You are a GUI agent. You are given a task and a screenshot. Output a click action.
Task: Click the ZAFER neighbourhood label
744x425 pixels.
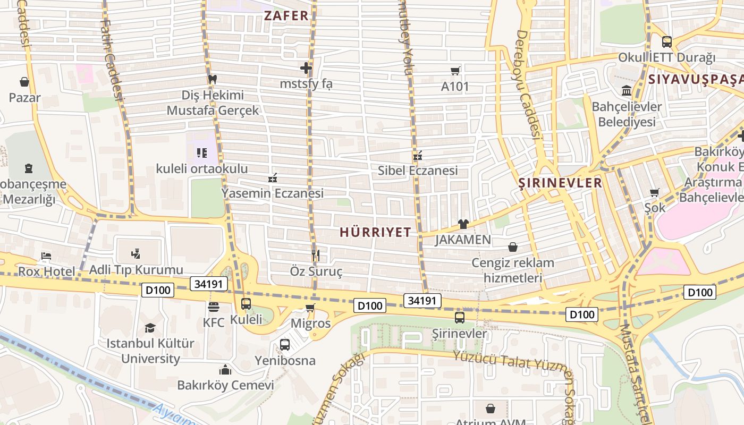pos(286,15)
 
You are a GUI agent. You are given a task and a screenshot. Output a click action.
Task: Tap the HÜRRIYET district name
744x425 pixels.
pos(375,232)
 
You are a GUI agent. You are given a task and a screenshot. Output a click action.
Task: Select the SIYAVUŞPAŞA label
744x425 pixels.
pos(695,80)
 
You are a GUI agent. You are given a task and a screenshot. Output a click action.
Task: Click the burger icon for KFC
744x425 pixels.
pos(214,307)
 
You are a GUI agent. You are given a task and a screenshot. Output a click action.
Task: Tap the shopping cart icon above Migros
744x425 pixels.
pos(310,308)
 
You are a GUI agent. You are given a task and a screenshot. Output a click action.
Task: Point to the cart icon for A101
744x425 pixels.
pos(455,71)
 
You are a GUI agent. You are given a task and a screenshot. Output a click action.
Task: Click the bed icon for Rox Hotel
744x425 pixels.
pos(46,257)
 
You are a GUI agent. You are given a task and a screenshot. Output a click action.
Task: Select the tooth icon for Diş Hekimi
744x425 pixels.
pos(213,79)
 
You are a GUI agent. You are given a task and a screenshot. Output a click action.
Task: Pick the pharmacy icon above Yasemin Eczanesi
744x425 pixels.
pos(273,178)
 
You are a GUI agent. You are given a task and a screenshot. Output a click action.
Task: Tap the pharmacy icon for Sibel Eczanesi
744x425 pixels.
pos(418,156)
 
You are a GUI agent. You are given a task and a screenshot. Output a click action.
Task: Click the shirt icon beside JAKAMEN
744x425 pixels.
pos(463,224)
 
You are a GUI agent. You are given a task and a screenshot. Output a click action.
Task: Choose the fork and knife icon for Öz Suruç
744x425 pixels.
pos(316,256)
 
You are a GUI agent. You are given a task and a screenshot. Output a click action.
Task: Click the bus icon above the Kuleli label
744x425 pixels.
pos(246,304)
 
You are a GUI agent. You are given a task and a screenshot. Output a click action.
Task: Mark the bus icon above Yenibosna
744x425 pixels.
pos(285,345)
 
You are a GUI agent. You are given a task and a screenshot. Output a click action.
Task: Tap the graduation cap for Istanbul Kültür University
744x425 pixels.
pos(150,328)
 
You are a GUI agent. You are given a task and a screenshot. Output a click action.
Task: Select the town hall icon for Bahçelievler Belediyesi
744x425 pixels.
pos(627,91)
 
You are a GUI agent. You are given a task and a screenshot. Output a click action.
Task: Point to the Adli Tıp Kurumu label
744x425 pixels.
pos(136,270)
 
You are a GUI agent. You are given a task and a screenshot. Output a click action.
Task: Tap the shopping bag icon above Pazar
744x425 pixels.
pos(24,82)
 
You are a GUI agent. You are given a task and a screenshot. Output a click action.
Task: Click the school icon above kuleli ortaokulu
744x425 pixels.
pos(202,153)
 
